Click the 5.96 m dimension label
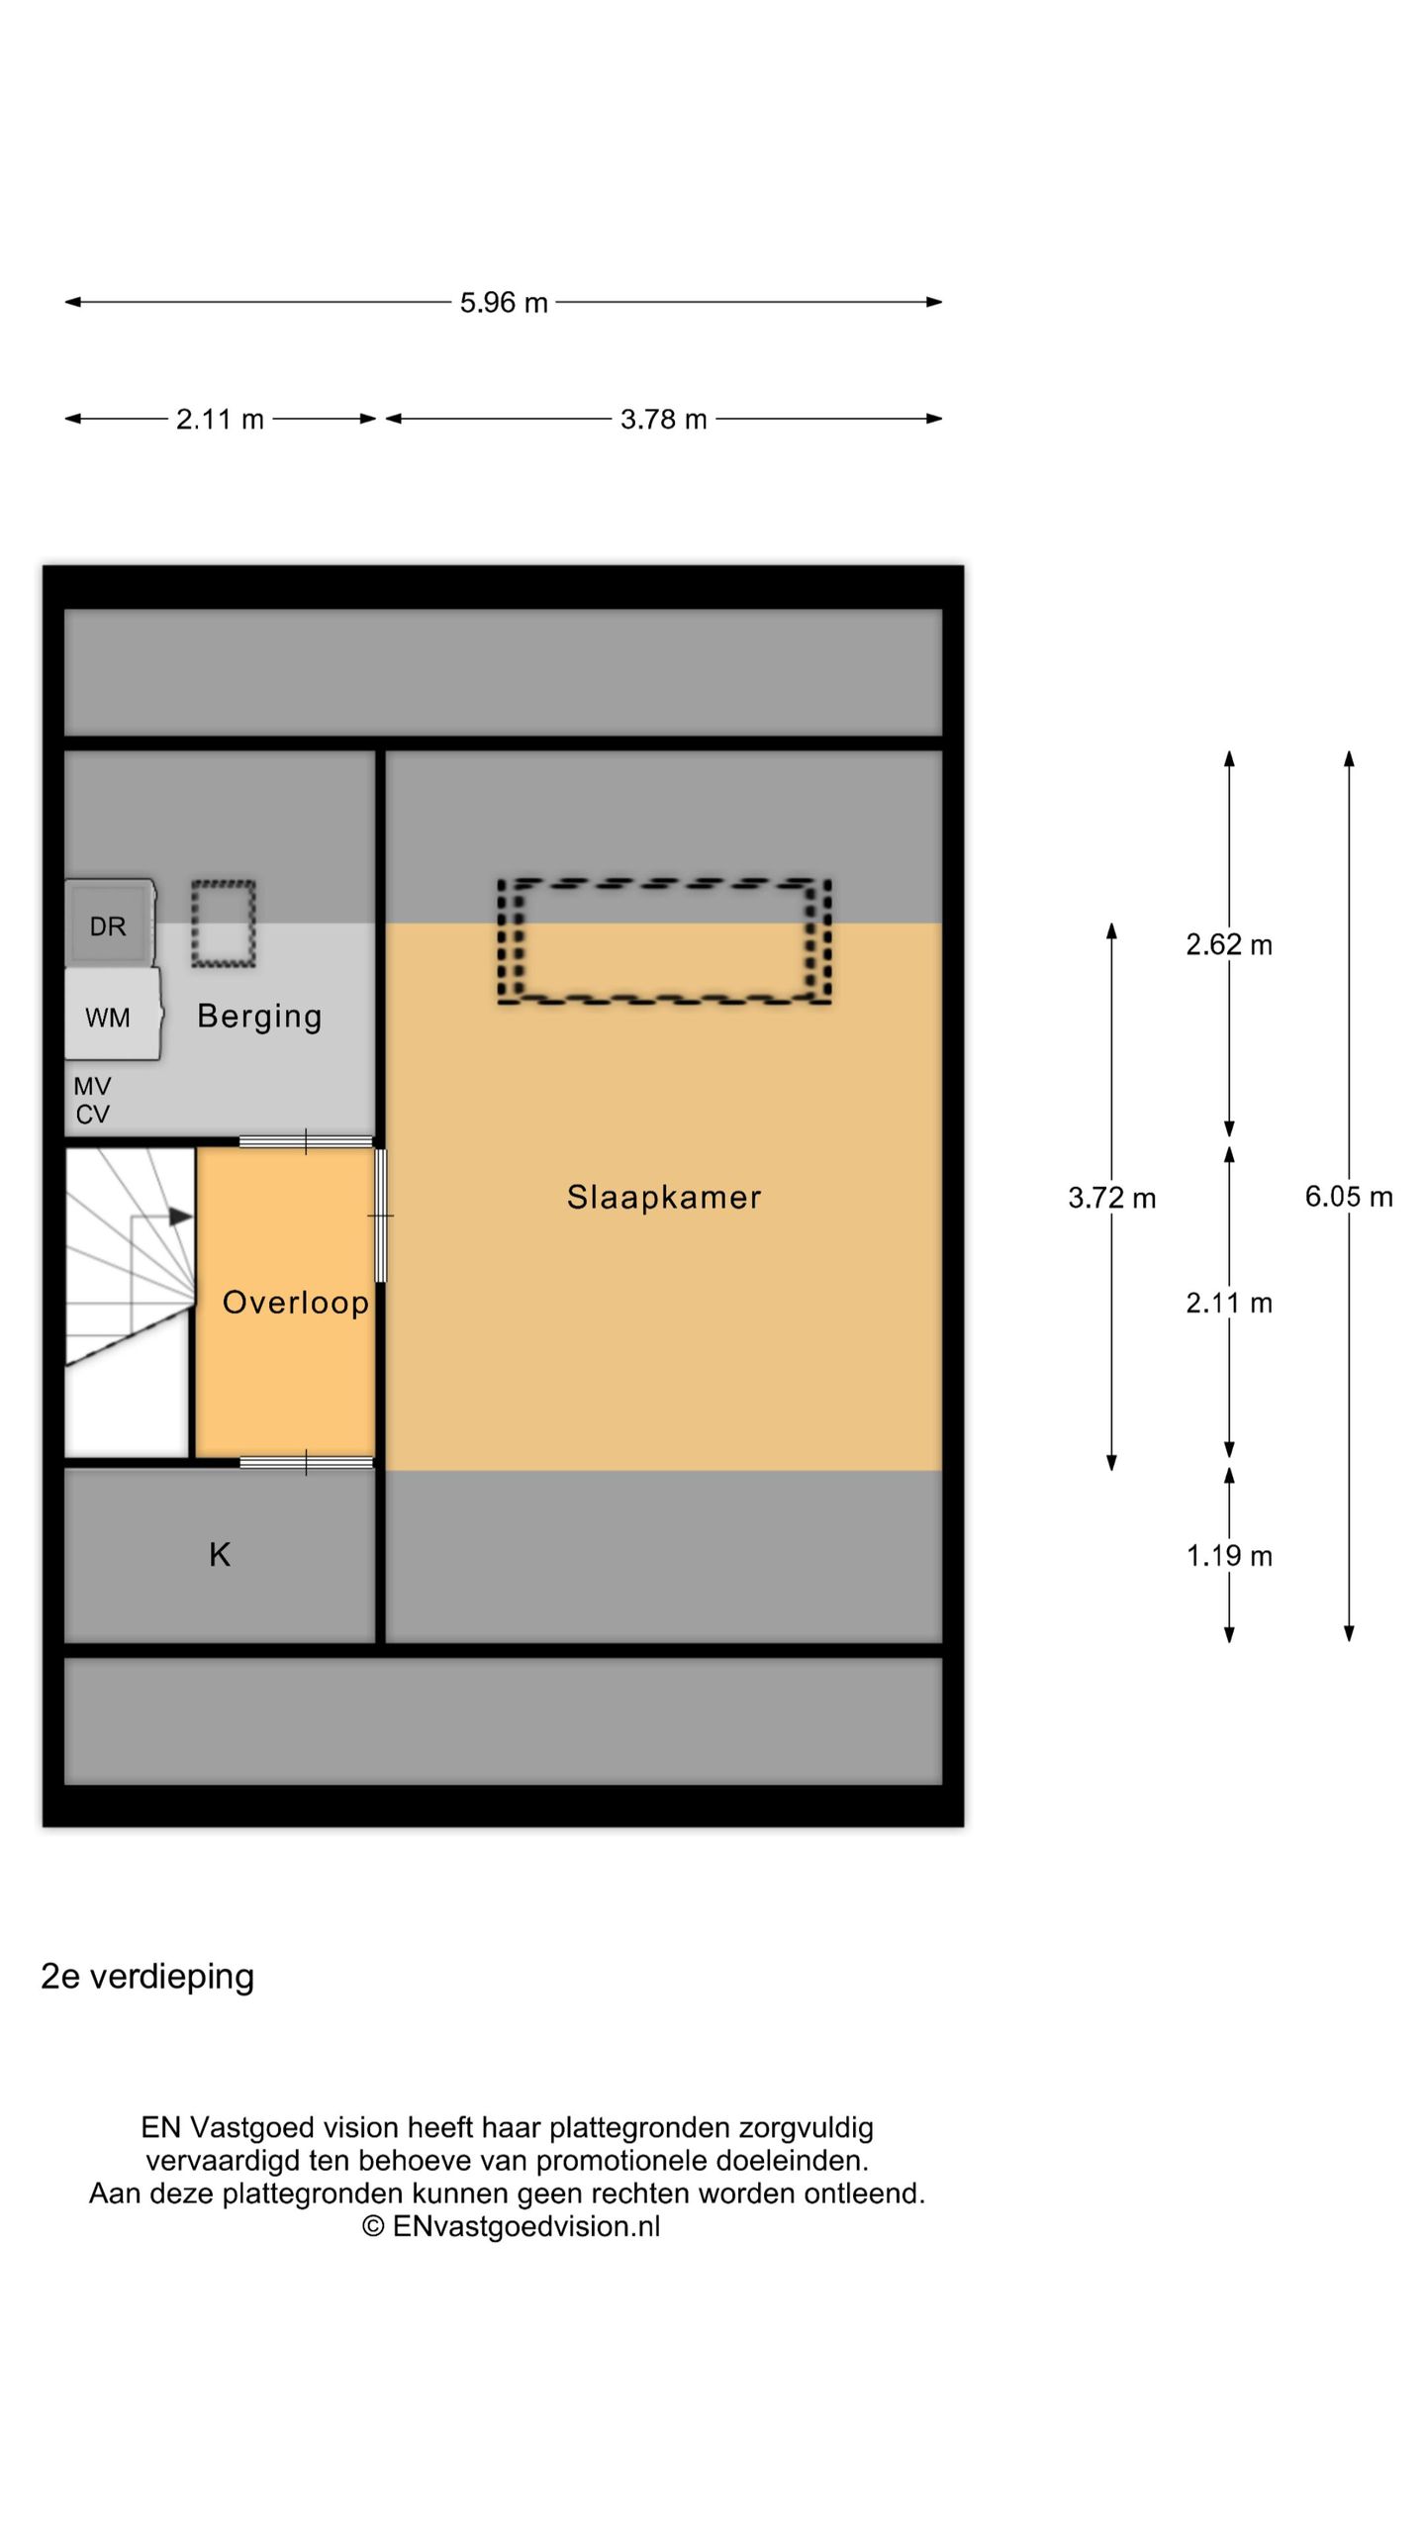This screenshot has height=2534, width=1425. click(x=503, y=302)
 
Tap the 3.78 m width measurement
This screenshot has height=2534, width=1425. click(x=663, y=419)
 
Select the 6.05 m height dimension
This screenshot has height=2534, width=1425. click(x=1348, y=1196)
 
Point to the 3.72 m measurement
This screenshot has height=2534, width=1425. click(x=1111, y=1198)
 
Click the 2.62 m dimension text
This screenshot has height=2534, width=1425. click(x=1228, y=944)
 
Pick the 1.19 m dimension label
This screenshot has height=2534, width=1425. click(x=1228, y=1555)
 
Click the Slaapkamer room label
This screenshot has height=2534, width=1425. click(x=663, y=1197)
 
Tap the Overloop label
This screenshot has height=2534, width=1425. click(x=295, y=1302)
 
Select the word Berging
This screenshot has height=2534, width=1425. click(x=259, y=1017)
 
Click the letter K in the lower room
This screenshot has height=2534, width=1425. click(x=220, y=1554)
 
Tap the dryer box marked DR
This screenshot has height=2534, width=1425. click(x=109, y=925)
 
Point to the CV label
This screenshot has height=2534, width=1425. click(x=92, y=1115)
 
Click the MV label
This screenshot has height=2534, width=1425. click(x=92, y=1086)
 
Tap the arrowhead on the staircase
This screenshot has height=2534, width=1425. click(x=181, y=1217)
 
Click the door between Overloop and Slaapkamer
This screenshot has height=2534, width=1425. click(x=380, y=1215)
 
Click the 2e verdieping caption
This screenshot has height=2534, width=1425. click(x=147, y=1977)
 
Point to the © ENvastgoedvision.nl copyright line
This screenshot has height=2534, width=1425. click(x=511, y=2226)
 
